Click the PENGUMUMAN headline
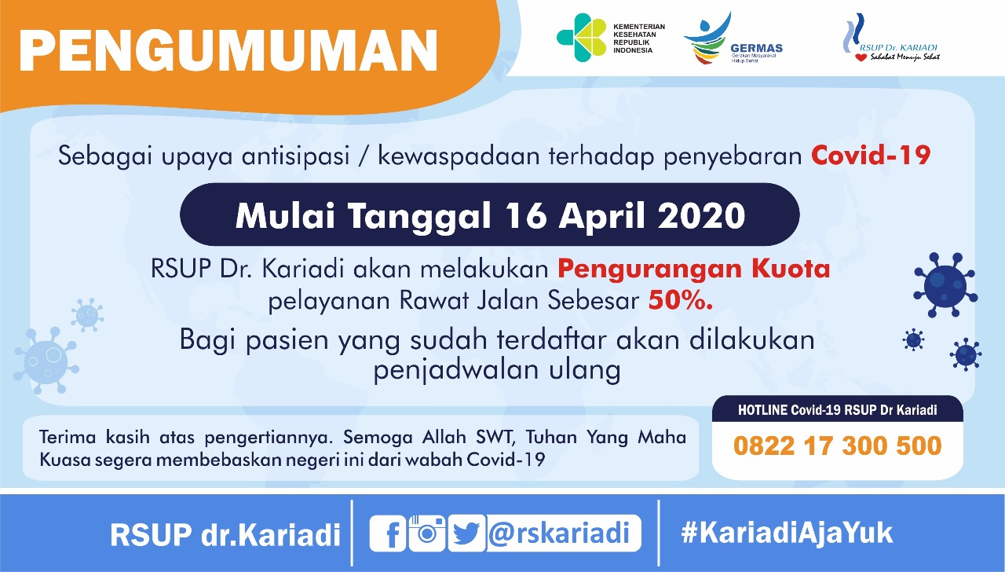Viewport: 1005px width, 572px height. coord(228,51)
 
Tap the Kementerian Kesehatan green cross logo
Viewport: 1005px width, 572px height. coord(582,37)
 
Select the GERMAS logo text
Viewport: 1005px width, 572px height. coord(756,48)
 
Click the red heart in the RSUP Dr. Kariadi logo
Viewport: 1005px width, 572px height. coord(861,57)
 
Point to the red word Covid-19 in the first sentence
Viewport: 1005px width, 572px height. coord(871,156)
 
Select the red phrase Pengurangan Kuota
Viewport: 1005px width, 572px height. coord(693,269)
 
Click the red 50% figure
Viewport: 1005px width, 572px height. coord(681,300)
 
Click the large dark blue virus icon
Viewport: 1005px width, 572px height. coord(945,285)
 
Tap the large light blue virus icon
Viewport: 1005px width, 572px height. coord(46,361)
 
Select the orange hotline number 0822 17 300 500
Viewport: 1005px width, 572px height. coord(837,445)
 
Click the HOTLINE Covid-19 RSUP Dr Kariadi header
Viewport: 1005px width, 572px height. coord(837,410)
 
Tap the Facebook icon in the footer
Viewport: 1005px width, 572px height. coord(388,533)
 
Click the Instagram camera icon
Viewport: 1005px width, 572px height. coord(426,533)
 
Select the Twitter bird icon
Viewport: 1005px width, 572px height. coord(466,533)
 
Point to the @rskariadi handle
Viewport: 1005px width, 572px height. coord(559,533)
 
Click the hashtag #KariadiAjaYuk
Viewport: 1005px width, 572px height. coord(787,533)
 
